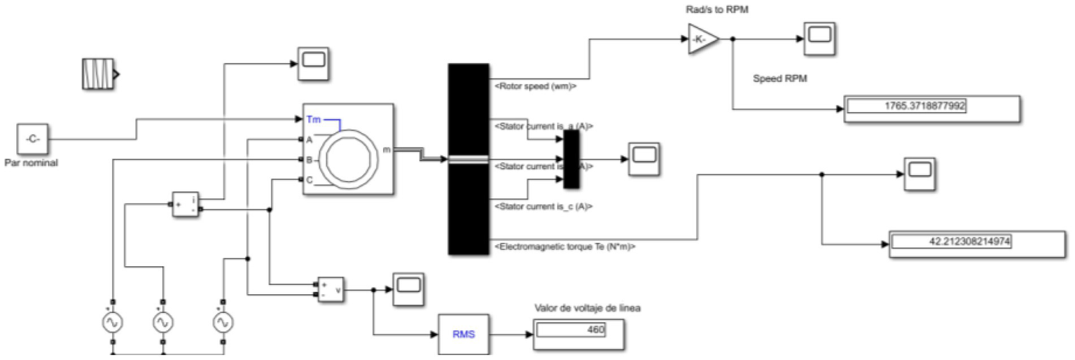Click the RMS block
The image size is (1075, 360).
[464, 333]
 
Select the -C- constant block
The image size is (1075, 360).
[32, 139]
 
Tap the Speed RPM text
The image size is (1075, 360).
[779, 78]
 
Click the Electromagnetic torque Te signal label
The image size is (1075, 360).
[564, 247]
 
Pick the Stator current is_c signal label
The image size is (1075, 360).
[543, 207]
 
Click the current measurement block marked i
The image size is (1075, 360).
[186, 204]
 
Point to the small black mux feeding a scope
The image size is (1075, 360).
[571, 159]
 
